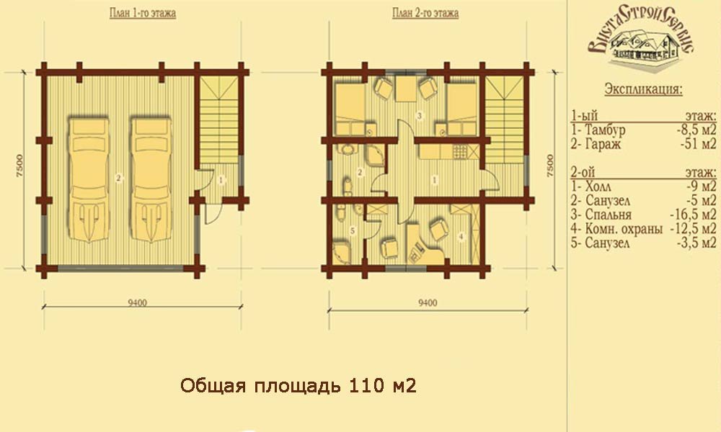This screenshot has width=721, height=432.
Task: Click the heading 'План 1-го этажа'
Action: tap(143, 13)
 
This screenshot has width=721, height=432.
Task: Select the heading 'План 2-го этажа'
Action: tap(425, 13)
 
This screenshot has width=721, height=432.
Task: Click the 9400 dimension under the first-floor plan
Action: tap(138, 302)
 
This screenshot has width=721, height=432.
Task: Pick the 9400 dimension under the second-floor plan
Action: tap(428, 302)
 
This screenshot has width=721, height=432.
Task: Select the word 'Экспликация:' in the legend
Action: tap(643, 89)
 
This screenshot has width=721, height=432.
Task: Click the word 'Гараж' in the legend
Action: tap(603, 144)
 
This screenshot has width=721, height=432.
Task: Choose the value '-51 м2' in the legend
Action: tap(698, 144)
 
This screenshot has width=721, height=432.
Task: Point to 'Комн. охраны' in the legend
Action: tap(624, 229)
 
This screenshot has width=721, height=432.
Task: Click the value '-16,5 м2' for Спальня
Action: tap(693, 215)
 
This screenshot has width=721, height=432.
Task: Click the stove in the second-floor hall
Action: tap(460, 151)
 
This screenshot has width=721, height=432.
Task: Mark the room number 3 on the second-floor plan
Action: tap(420, 116)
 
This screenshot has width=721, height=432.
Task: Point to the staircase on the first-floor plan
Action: tap(220, 120)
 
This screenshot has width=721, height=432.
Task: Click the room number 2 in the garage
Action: tap(119, 178)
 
